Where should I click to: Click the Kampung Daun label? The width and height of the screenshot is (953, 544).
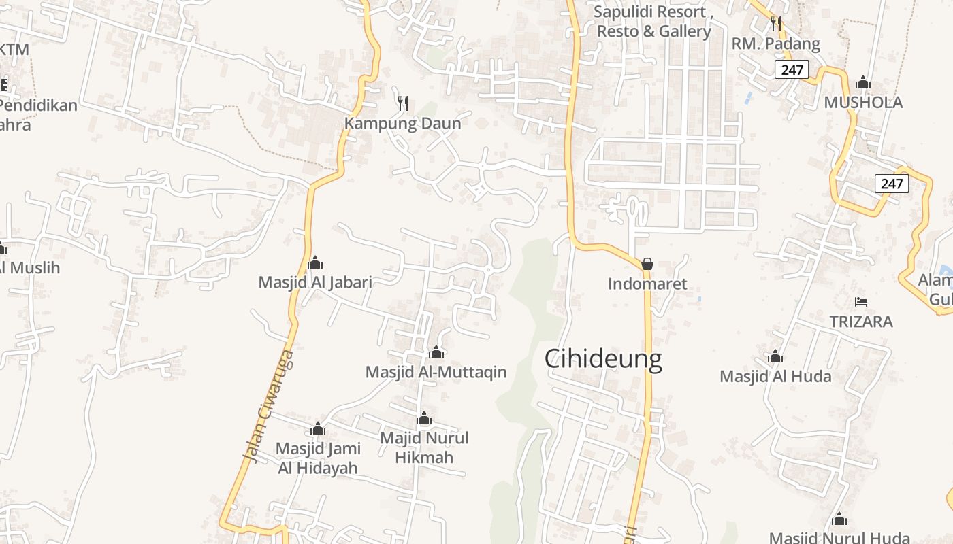point(402,124)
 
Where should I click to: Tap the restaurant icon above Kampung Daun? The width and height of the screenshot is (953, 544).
point(403,103)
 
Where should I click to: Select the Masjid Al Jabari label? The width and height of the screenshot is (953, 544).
point(315,282)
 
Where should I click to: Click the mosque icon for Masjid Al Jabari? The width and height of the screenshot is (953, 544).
point(315,262)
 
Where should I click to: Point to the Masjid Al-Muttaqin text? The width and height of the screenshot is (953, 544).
point(436,372)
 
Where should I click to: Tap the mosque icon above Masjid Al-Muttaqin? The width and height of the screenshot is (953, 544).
point(436,352)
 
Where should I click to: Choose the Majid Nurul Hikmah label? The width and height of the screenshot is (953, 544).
point(424,447)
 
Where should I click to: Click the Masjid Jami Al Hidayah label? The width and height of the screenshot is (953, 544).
point(318,458)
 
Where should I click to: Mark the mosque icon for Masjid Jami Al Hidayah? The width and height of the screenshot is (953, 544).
point(318,428)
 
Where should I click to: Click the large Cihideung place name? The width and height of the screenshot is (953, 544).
point(603,359)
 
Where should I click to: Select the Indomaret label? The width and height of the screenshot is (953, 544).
point(647,284)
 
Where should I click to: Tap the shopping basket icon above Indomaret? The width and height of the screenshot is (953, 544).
point(647,263)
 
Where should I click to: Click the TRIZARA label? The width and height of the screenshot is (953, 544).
point(861,322)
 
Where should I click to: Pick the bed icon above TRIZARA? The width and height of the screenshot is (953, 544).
point(861,301)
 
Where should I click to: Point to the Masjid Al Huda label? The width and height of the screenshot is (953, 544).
point(775,376)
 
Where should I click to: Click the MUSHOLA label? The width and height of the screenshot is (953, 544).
point(863,103)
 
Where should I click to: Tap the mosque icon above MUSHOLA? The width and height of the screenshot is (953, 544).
point(863,83)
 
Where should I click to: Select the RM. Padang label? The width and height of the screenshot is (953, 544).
point(776,44)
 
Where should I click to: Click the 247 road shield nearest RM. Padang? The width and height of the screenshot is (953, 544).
point(791,69)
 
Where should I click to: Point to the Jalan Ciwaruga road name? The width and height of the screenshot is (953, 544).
point(269,407)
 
